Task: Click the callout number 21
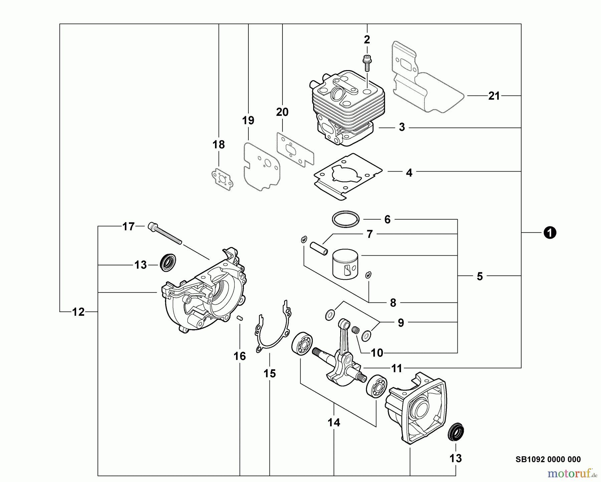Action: [494, 96]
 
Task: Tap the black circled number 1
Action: [550, 232]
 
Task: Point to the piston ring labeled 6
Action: [346, 219]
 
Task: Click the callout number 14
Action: [334, 423]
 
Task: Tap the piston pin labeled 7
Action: [320, 249]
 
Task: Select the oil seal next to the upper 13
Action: [168, 262]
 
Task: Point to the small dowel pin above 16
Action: [240, 318]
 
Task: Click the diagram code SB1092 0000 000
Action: [548, 459]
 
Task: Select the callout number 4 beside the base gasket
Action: [409, 173]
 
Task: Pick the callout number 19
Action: [248, 120]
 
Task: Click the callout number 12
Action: [78, 312]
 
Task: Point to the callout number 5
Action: [479, 276]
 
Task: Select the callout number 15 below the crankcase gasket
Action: [269, 374]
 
